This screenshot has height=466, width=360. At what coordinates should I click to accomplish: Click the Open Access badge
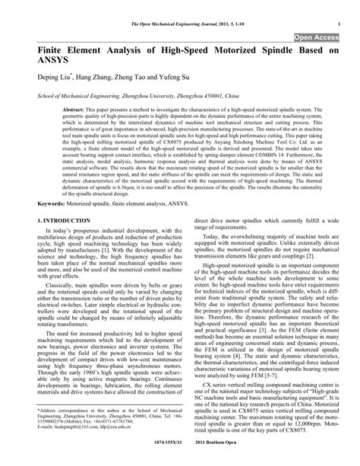(x=317, y=35)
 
